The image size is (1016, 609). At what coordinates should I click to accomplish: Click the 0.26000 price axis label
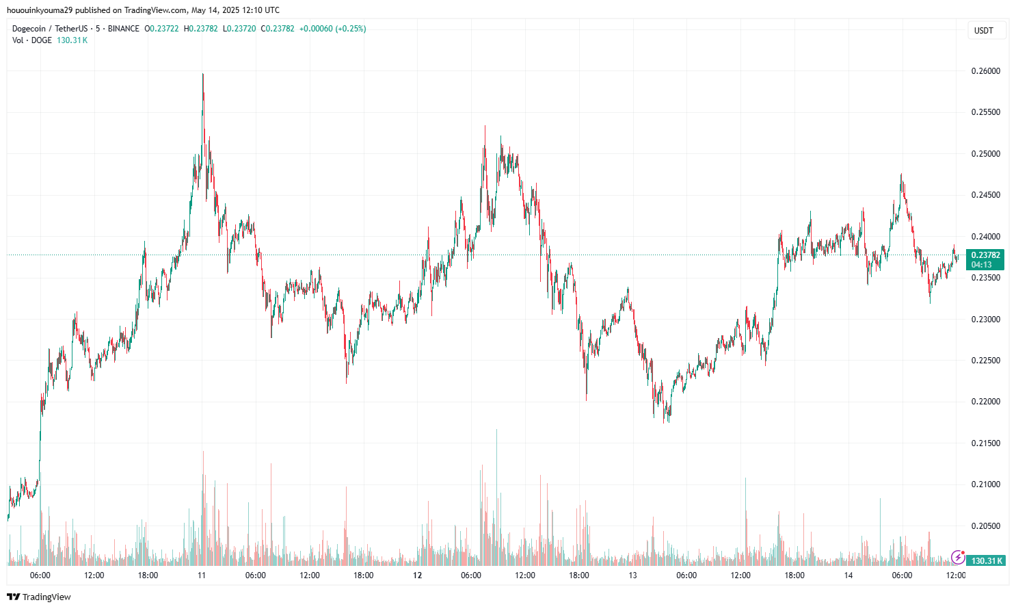(x=985, y=71)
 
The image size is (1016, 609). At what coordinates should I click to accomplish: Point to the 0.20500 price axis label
(x=985, y=526)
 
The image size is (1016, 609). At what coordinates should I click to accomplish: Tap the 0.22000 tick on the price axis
(x=985, y=402)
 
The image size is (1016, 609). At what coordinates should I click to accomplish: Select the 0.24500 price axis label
(x=985, y=195)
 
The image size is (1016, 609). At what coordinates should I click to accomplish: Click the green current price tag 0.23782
(x=985, y=255)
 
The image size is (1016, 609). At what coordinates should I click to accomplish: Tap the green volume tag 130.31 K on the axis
(x=987, y=561)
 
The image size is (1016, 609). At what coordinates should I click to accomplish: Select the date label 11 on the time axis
(x=202, y=575)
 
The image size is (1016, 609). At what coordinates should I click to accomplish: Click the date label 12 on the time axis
(x=417, y=575)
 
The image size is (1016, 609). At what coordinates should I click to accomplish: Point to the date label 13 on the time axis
(x=632, y=575)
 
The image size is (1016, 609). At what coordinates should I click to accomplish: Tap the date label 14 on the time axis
(x=848, y=575)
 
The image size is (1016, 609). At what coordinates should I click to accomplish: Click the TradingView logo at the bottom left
(x=39, y=597)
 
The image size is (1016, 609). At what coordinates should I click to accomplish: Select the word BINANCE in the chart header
(x=123, y=29)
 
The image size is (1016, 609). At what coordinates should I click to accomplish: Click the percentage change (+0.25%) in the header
(x=350, y=29)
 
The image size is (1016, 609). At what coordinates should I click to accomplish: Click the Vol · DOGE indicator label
(x=32, y=40)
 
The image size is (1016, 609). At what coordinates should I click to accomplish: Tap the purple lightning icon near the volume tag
(x=958, y=557)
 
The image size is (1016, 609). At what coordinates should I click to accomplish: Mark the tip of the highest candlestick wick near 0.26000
(x=203, y=74)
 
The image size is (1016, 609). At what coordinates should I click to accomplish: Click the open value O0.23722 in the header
(x=161, y=29)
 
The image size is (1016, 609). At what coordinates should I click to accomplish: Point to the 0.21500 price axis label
(x=985, y=443)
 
